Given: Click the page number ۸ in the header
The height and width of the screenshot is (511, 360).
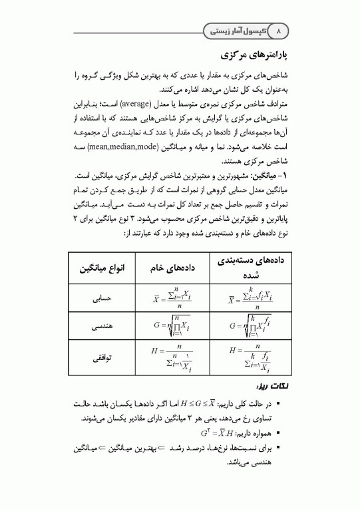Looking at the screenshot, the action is click(x=279, y=31).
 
